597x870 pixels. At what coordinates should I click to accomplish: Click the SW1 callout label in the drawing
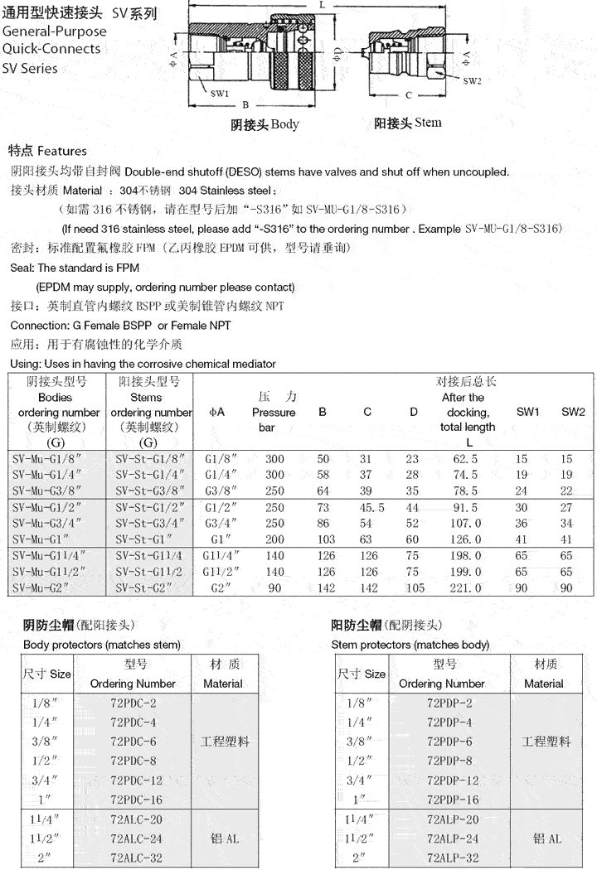[x=220, y=94]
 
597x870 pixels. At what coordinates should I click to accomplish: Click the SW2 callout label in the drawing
[x=472, y=80]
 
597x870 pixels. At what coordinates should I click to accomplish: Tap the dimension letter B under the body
[x=245, y=105]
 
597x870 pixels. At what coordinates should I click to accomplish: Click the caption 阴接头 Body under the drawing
[x=265, y=124]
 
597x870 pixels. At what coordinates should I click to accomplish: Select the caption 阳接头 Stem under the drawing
[x=407, y=123]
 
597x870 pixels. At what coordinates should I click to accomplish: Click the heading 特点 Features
[x=47, y=152]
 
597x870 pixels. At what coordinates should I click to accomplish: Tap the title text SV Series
[x=30, y=68]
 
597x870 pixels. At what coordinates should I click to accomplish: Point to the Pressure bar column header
[x=274, y=413]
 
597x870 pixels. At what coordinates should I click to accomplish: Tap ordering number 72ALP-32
[x=453, y=858]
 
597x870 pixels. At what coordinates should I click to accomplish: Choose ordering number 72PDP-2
[x=453, y=703]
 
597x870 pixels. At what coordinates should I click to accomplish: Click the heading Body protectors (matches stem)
[x=102, y=645]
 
